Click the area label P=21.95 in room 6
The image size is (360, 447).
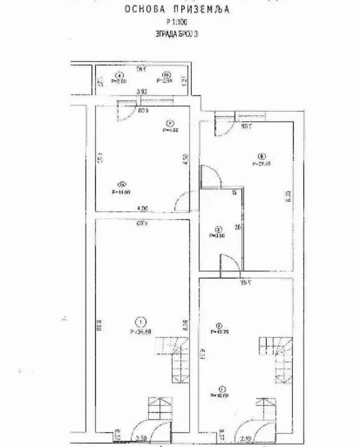262,164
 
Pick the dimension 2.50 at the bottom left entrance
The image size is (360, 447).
142,436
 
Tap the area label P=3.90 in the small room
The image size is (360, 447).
217,235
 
